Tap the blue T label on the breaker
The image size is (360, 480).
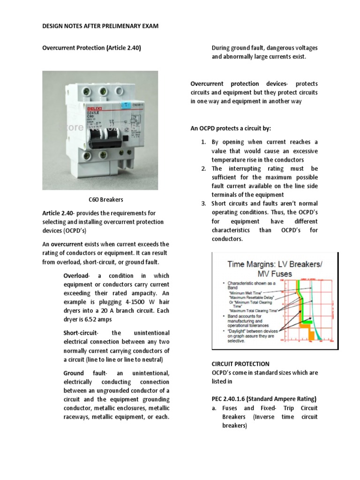tap(125, 107)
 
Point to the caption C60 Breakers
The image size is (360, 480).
tap(106, 200)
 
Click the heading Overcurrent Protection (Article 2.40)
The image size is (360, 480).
tap(92, 48)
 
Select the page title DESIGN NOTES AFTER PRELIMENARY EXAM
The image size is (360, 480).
tap(100, 27)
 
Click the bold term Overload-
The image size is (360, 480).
tap(75, 276)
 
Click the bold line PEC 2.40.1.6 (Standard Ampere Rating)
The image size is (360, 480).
tap(263, 399)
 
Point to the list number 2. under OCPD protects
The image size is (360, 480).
tap(203, 168)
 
